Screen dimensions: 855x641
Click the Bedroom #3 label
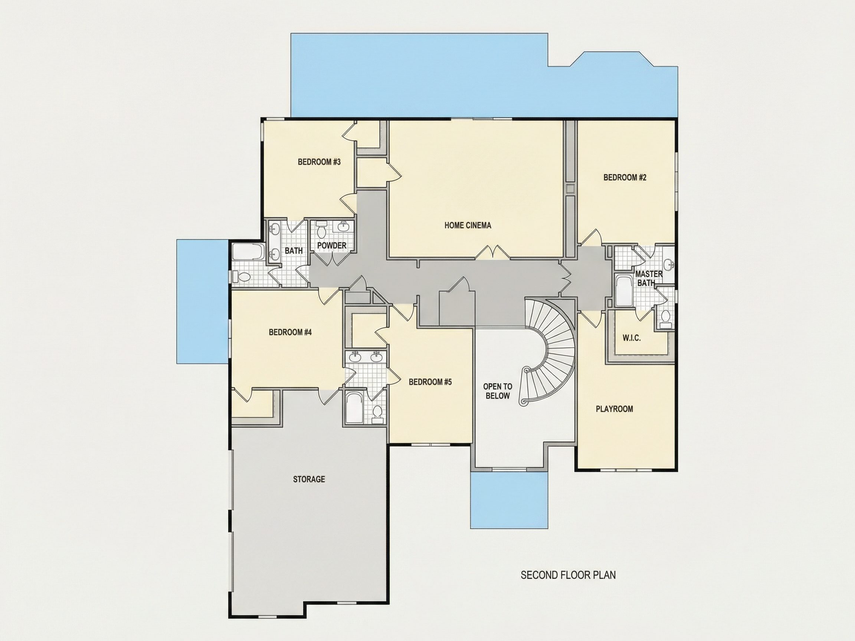point(319,162)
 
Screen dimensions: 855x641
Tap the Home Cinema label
point(468,225)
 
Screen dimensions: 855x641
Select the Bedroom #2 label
point(625,177)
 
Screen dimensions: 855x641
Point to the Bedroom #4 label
point(290,332)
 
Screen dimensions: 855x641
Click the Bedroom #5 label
point(430,382)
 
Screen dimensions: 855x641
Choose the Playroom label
point(614,409)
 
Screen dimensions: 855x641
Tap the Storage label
point(309,479)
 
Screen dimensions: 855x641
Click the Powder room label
point(332,245)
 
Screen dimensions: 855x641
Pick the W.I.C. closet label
point(632,338)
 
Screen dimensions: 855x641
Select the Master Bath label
point(649,278)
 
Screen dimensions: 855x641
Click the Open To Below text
point(498,391)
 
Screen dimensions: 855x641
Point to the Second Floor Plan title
point(568,575)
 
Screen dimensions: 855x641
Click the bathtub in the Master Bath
point(623,290)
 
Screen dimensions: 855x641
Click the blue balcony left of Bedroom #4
point(202,301)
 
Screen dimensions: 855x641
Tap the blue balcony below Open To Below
point(509,500)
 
